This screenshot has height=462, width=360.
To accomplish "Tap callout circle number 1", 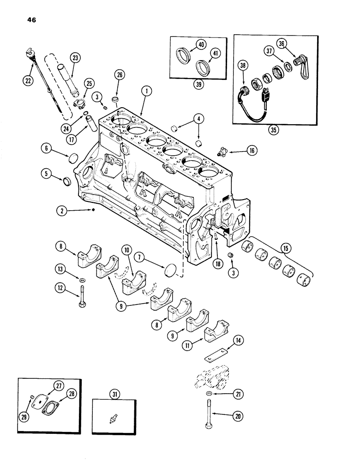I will [146, 92].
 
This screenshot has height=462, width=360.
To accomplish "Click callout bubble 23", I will [75, 59].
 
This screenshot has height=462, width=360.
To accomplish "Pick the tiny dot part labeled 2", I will [94, 210].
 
